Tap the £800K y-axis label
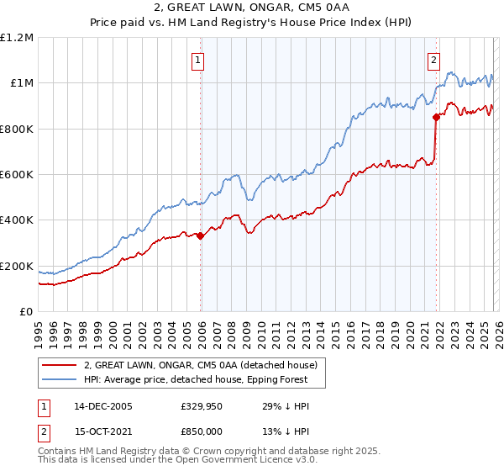17,129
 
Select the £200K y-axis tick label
17,266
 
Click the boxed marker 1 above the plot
197,60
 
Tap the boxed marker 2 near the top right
434,60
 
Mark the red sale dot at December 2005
201,236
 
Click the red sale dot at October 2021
436,118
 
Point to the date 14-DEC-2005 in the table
102,406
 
